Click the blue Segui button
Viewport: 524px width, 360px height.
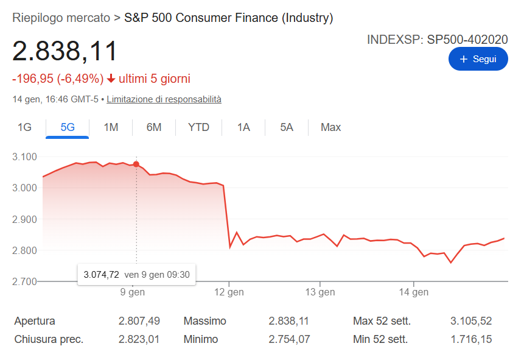[x=478, y=59]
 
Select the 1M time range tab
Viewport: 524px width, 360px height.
[x=111, y=127]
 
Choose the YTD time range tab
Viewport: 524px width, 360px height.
[x=198, y=127]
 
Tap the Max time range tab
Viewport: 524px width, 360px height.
[x=330, y=127]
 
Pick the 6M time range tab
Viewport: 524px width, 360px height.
[x=154, y=127]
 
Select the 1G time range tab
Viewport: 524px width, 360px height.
[x=24, y=127]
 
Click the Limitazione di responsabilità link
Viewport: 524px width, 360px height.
[x=164, y=99]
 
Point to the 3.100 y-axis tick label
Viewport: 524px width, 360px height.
[x=25, y=157]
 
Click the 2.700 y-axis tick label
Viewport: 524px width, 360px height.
[x=25, y=281]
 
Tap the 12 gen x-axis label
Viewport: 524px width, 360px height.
[x=229, y=292]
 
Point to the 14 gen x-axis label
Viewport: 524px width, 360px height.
[x=414, y=292]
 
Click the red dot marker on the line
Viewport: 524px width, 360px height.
[x=136, y=164]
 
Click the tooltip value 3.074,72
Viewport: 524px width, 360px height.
[x=102, y=275]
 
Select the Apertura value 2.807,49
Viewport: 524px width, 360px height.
[x=139, y=321]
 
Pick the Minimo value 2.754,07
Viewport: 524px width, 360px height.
[x=288, y=339]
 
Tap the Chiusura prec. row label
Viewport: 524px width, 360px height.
[x=49, y=339]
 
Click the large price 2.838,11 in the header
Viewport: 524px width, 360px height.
[x=65, y=51]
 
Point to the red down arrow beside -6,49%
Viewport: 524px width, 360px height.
[x=111, y=79]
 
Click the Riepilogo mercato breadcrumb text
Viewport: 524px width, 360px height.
[x=61, y=18]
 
